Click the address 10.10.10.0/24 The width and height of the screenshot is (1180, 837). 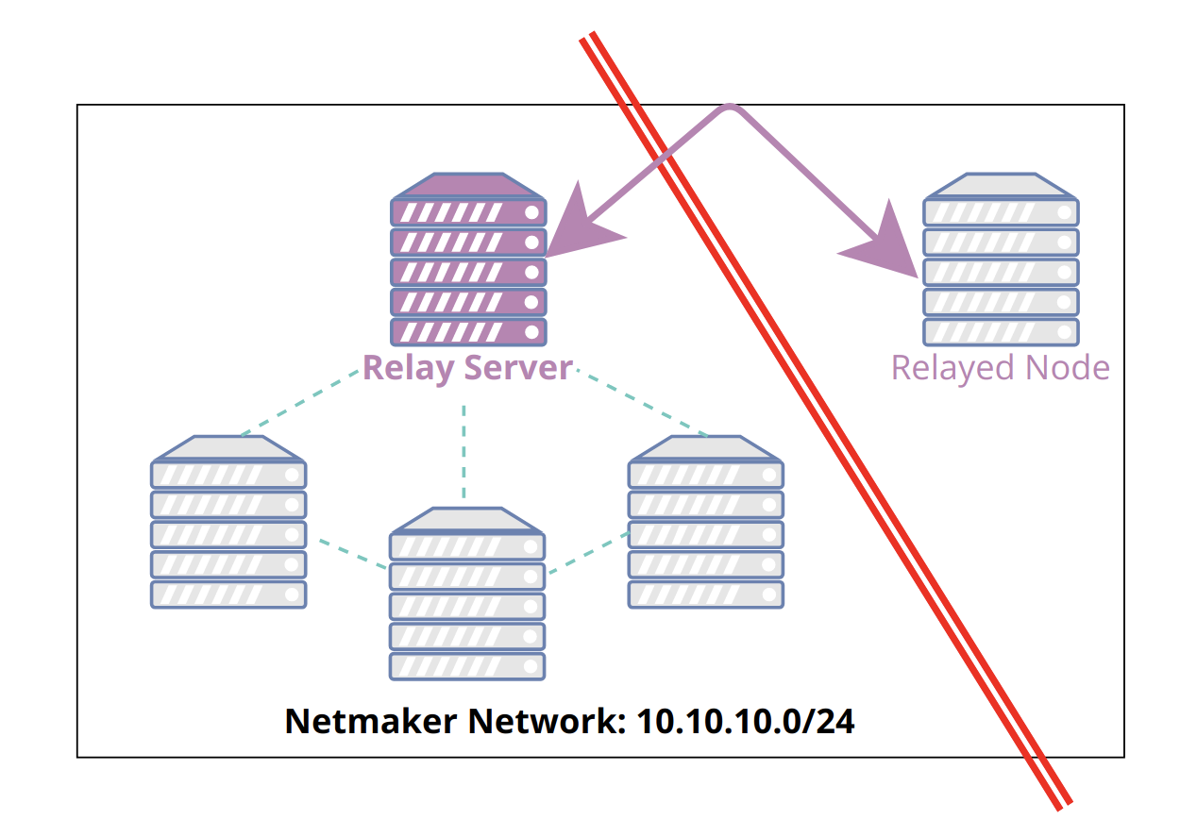pyautogui.click(x=746, y=721)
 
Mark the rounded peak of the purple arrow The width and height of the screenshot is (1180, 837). pyautogui.click(x=729, y=109)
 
